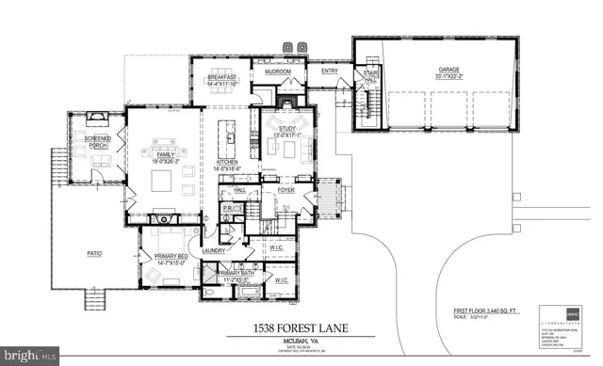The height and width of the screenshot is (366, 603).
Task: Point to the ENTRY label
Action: pyautogui.click(x=330, y=70)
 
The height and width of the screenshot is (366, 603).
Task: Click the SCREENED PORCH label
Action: pyautogui.click(x=98, y=144)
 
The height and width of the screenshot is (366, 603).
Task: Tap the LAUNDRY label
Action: pyautogui.click(x=213, y=251)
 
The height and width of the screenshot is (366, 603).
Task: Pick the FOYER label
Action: pyautogui.click(x=287, y=190)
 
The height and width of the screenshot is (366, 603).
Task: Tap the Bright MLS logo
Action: pyautogui.click(x=31, y=357)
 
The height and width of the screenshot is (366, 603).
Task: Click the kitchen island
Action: pyautogui.click(x=226, y=136)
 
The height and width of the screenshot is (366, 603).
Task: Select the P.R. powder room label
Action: pyautogui.click(x=228, y=208)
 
